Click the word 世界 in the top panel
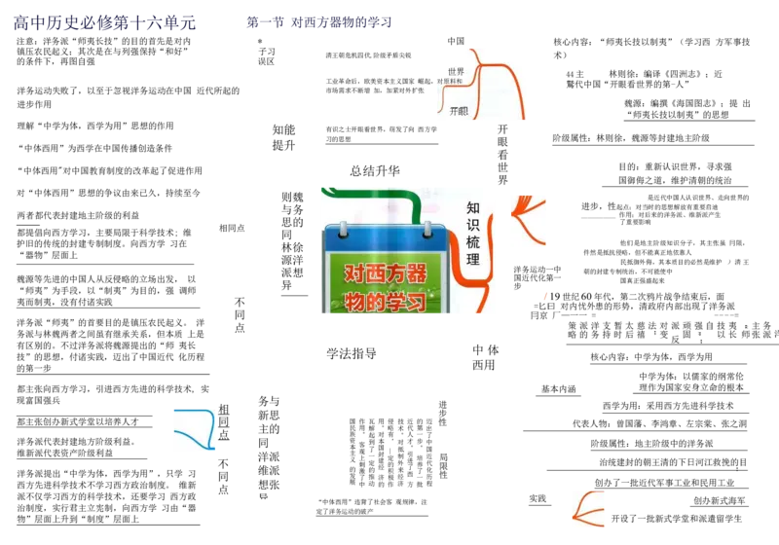point(456,72)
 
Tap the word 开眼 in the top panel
point(458,111)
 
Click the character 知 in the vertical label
point(473,207)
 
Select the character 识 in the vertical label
point(473,225)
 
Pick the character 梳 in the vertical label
point(473,242)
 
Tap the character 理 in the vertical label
point(473,260)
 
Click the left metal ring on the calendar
point(344,230)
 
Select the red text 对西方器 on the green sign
point(386,273)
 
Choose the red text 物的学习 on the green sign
point(386,302)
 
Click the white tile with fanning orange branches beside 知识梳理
point(529,221)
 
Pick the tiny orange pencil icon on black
point(545,296)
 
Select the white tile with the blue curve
point(194,428)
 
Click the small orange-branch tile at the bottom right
point(588,510)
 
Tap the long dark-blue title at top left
point(104,22)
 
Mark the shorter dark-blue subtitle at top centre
point(319,22)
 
